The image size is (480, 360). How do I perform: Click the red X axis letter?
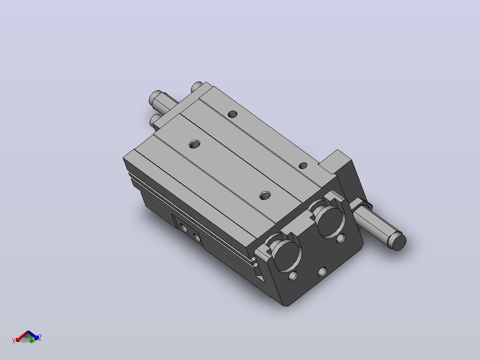[x=14, y=341]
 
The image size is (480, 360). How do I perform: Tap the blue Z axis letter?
[x=40, y=337]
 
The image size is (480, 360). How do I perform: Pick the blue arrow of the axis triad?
[x=33, y=335]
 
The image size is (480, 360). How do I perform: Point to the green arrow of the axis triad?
[x=31, y=340]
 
